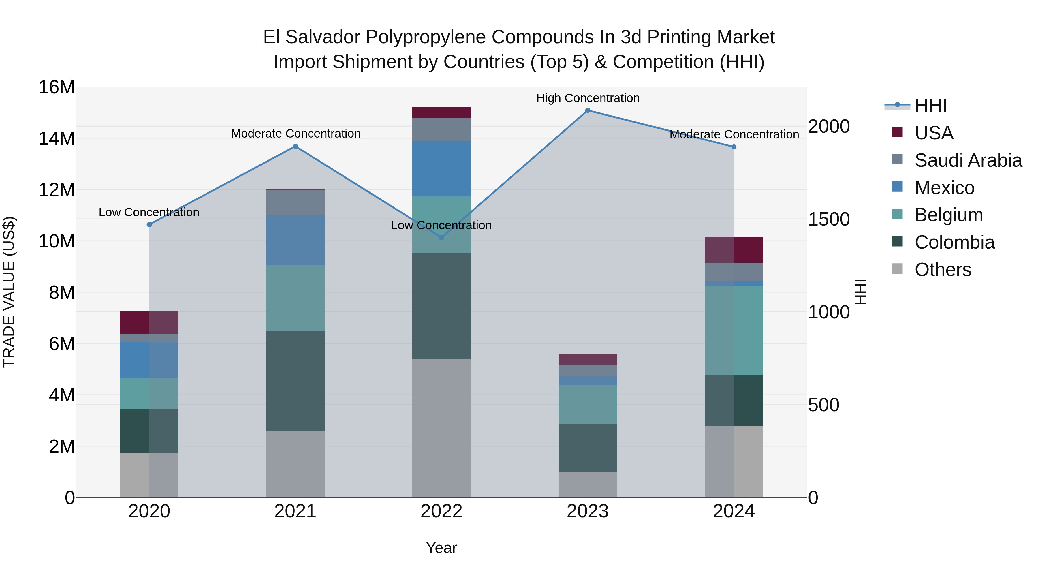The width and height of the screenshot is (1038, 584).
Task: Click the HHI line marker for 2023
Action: pyautogui.click(x=588, y=110)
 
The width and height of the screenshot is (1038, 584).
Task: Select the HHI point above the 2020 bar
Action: pyautogui.click(x=149, y=224)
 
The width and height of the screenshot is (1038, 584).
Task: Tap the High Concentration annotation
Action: pyautogui.click(x=588, y=98)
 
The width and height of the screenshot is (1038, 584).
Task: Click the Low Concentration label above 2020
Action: pyautogui.click(x=149, y=212)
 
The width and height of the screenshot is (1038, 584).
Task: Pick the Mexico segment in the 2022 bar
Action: pyautogui.click(x=441, y=168)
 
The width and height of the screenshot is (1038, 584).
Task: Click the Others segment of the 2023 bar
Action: pyautogui.click(x=588, y=485)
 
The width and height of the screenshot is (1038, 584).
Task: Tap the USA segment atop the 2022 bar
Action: pyautogui.click(x=441, y=112)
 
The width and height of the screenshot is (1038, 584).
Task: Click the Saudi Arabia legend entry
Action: pyautogui.click(x=968, y=160)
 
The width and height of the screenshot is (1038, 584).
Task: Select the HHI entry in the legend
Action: pyautogui.click(x=930, y=106)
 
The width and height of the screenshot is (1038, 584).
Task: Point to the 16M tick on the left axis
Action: pyautogui.click(x=57, y=87)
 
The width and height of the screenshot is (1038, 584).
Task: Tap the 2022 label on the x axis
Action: pyautogui.click(x=441, y=511)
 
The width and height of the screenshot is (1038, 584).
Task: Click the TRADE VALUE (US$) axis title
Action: pyautogui.click(x=9, y=292)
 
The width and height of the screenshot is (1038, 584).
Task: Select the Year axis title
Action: pyautogui.click(x=441, y=548)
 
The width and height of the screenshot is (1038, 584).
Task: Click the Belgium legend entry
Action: pyautogui.click(x=949, y=215)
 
